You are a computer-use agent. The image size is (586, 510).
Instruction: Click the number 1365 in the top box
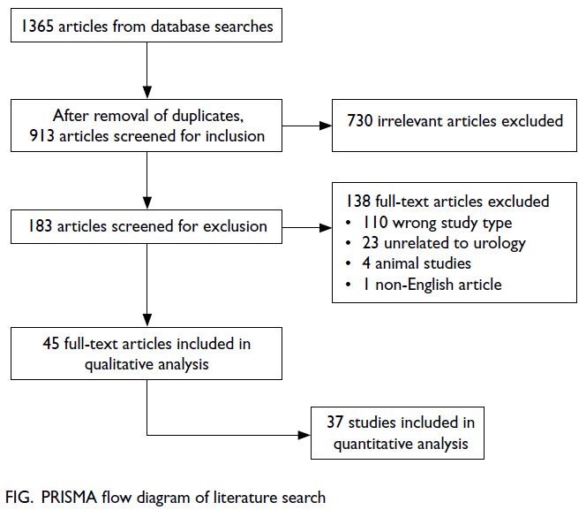pyautogui.click(x=37, y=27)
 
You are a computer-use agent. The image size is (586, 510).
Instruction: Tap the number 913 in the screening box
pyautogui.click(x=42, y=136)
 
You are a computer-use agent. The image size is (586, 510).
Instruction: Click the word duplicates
pyautogui.click(x=205, y=116)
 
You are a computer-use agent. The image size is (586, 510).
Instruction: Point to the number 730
pyautogui.click(x=359, y=121)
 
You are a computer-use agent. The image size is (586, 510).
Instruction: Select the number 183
pyautogui.click(x=40, y=226)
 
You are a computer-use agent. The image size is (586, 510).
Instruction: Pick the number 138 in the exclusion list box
pyautogui.click(x=358, y=202)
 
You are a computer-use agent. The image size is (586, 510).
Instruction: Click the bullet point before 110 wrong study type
pyautogui.click(x=349, y=223)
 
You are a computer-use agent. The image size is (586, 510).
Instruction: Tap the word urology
pyautogui.click(x=500, y=244)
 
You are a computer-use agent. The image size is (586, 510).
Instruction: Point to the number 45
pyautogui.click(x=51, y=344)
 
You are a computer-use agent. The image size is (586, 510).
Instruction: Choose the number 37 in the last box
pyautogui.click(x=334, y=422)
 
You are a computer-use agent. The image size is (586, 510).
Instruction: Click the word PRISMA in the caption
pyautogui.click(x=69, y=498)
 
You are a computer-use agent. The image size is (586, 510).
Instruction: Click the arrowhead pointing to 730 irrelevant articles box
pyautogui.click(x=326, y=126)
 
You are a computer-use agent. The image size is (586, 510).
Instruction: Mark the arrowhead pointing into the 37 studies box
pyautogui.click(x=304, y=435)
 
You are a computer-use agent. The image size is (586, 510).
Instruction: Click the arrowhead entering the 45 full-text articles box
pyautogui.click(x=147, y=321)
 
